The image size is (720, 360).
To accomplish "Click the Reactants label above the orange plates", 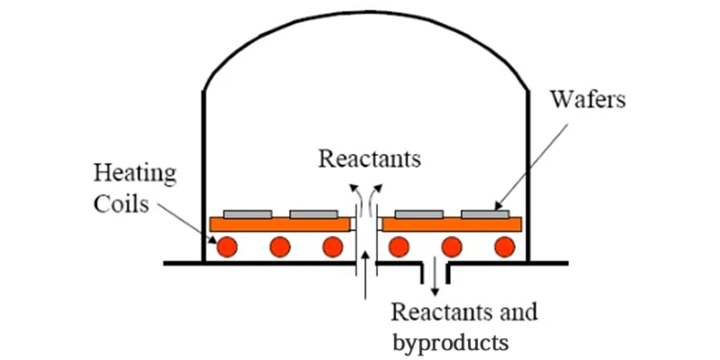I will click(370, 160).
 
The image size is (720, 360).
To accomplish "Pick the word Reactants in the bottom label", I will click(439, 313).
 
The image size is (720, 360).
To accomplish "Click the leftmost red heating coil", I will click(225, 247).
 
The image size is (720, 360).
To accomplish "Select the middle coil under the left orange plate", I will click(279, 247).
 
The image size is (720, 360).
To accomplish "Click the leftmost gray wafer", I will click(247, 213).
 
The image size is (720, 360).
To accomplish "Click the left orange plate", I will click(280, 224).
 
